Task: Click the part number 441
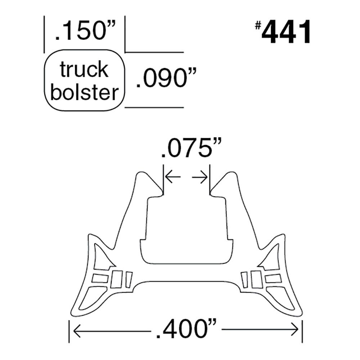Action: pos(286,33)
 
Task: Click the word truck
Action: pos(84,69)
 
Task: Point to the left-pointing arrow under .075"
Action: pos(172,177)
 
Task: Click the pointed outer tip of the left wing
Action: pos(89,236)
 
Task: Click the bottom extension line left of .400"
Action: pos(69,331)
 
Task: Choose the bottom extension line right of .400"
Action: pos(302,331)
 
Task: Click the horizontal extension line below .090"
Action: pos(155,107)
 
